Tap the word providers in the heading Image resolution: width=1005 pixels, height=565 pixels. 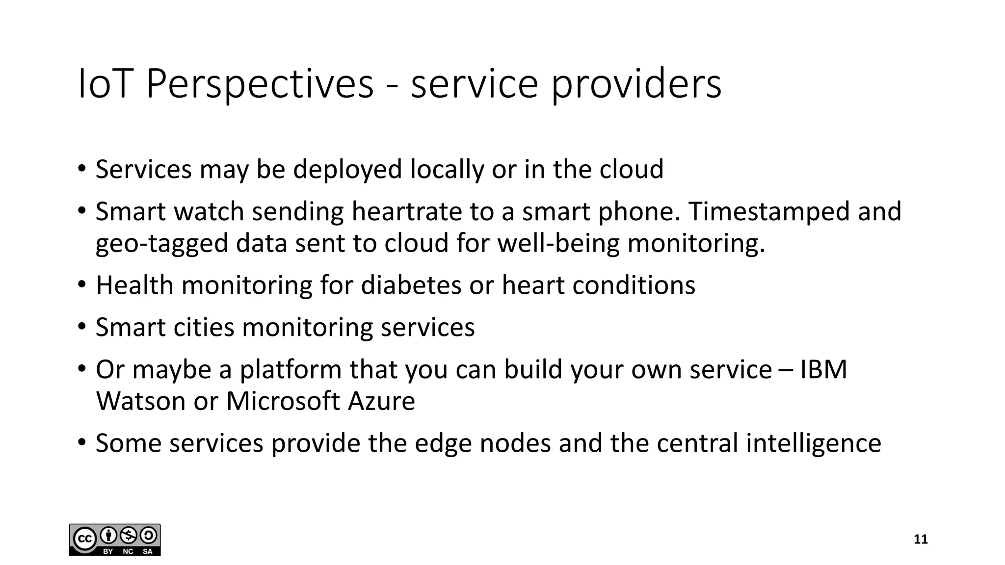point(636,84)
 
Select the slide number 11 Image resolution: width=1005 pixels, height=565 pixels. point(921,539)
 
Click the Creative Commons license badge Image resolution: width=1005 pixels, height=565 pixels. point(115,539)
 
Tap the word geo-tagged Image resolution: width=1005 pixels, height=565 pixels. point(162,244)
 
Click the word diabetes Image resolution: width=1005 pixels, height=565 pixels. point(411,285)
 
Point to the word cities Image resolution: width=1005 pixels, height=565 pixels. point(204,327)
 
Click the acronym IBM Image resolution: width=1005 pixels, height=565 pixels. point(823,369)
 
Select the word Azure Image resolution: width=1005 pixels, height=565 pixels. point(381,401)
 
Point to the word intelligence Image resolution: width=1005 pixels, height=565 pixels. point(813,443)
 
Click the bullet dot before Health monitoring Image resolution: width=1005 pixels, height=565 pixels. point(81,285)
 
